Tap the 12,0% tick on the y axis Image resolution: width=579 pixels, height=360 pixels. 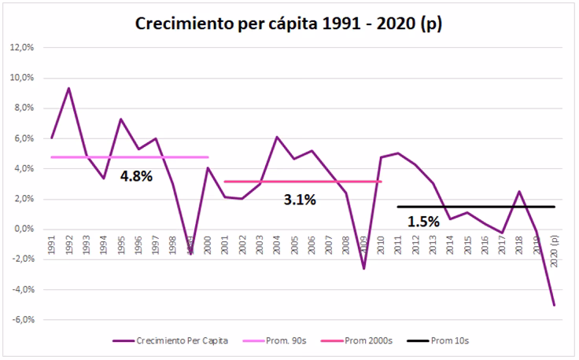coord(21,47)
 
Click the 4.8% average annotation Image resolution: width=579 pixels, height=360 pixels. coord(135,176)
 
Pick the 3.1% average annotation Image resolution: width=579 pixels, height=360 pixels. coord(299,200)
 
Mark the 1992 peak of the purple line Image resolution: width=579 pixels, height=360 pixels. coord(69,88)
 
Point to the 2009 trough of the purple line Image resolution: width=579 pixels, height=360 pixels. coord(363,269)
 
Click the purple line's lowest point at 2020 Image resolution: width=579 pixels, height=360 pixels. coord(555,305)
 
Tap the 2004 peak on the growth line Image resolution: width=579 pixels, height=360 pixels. coord(277,137)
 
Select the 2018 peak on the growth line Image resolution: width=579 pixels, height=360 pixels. coord(520,191)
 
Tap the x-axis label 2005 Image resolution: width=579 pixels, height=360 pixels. coord(294,244)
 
